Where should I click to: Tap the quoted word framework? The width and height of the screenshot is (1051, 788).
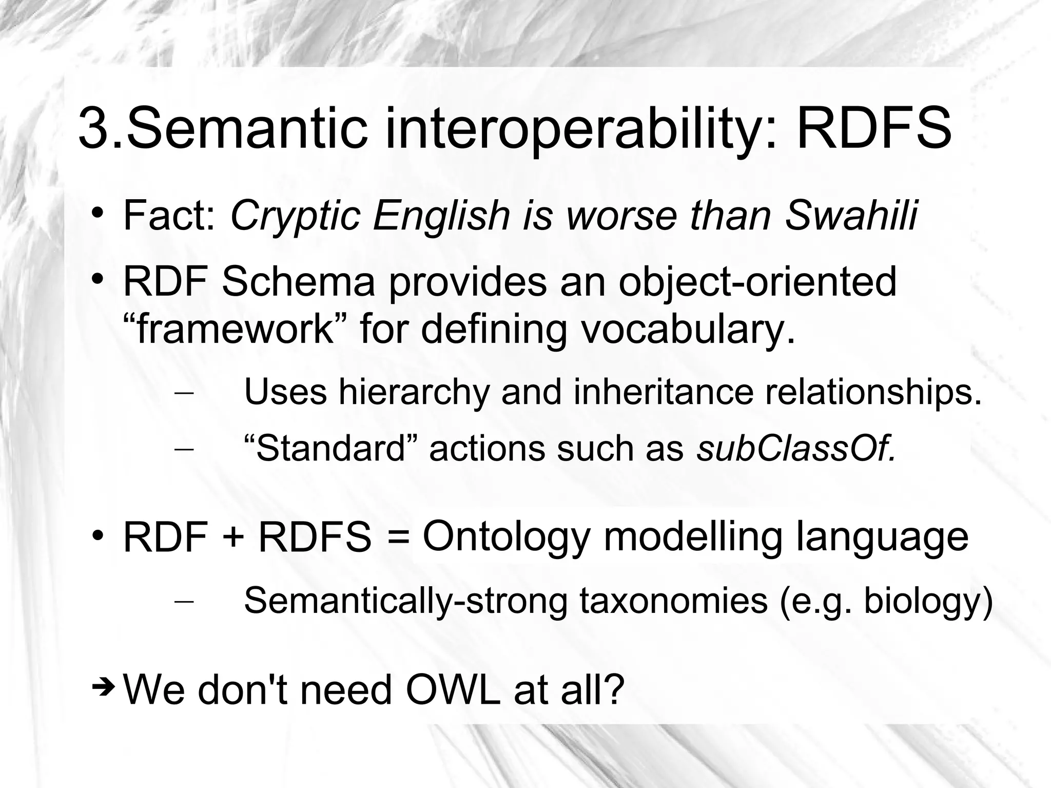coord(237,329)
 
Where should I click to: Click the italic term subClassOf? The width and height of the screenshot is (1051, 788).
coord(796,449)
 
